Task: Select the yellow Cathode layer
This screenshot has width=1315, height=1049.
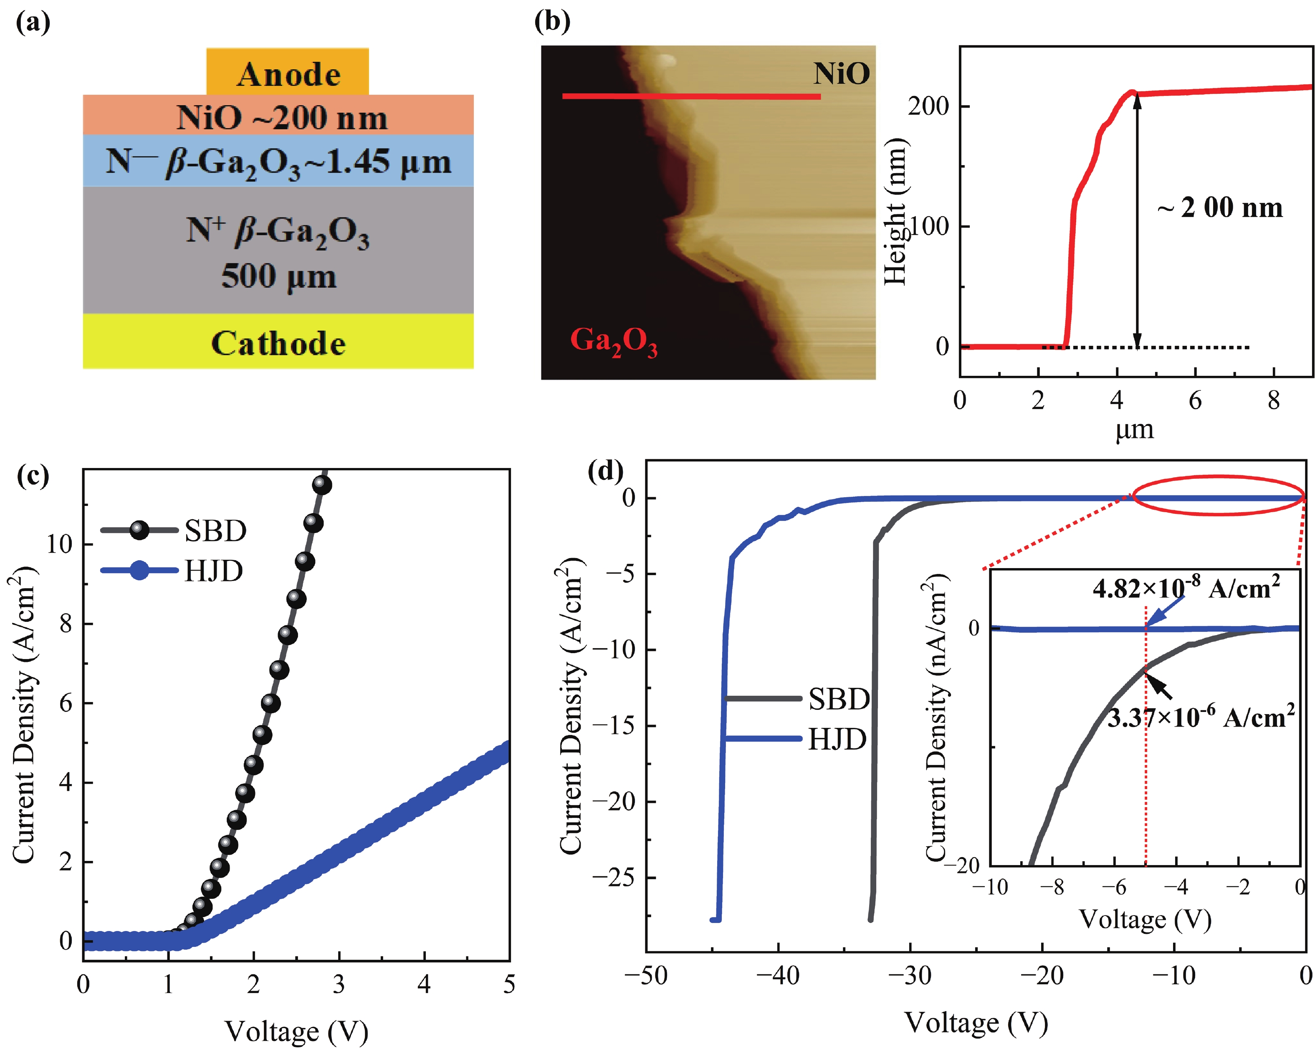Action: pos(278,342)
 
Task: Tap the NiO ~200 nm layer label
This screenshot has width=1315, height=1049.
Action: pos(282,118)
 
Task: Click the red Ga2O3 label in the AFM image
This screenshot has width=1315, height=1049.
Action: pos(613,341)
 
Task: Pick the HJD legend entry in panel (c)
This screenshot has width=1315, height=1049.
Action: pos(213,571)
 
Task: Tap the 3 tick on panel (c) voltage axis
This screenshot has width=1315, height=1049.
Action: pos(339,984)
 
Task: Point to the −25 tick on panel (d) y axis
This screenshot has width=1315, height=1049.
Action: pos(612,877)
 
